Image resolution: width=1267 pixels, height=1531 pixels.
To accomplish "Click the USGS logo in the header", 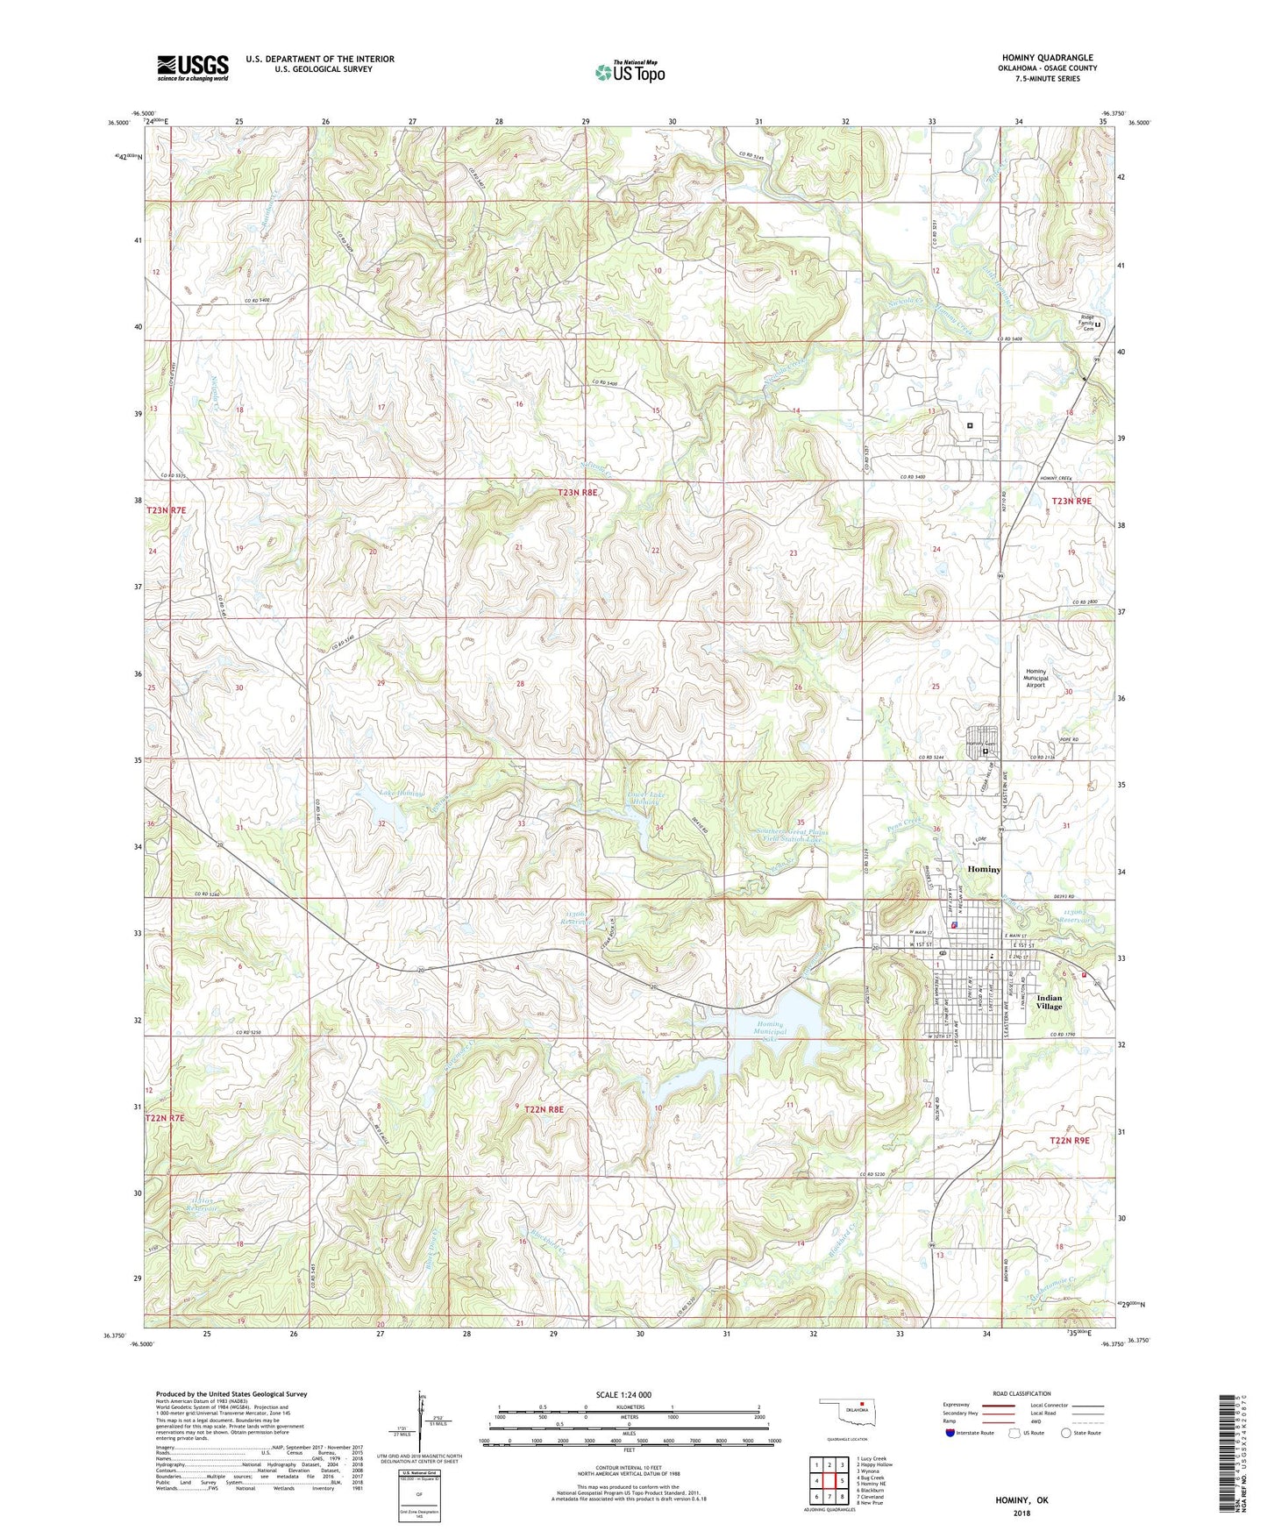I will tap(193, 67).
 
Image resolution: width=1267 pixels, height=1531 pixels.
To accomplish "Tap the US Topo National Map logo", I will tap(630, 71).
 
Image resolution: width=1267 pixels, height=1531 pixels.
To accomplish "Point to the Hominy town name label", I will tap(983, 869).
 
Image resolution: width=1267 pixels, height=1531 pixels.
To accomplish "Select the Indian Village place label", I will tap(1049, 1001).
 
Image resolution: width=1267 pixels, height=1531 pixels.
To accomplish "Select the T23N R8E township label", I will tap(577, 493).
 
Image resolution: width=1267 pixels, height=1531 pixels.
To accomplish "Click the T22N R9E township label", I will tap(1070, 1140).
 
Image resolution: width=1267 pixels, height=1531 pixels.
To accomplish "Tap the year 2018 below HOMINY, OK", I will tap(1021, 1513).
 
